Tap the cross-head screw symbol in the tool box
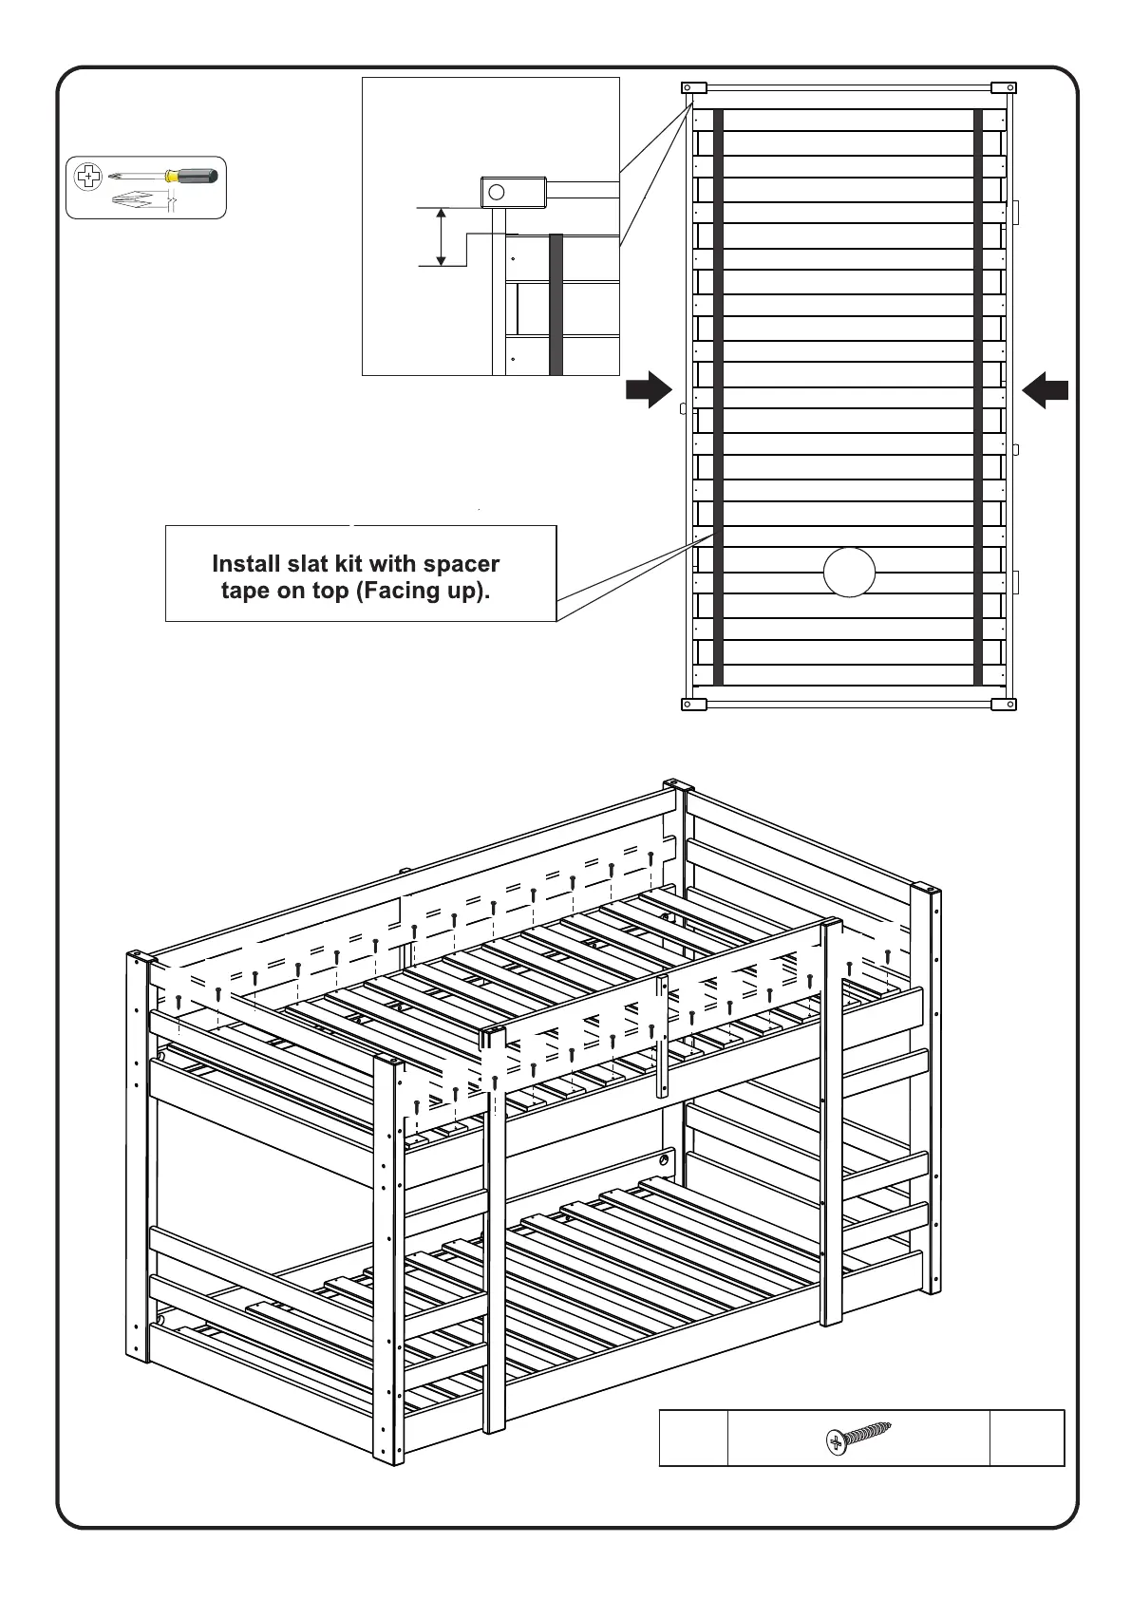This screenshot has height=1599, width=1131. point(87,176)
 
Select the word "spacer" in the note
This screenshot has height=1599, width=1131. point(462,564)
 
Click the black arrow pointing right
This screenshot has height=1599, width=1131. point(649,390)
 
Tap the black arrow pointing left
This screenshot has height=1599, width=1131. point(1046,390)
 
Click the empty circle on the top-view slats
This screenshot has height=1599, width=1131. point(849,573)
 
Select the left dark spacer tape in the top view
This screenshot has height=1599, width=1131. point(718,396)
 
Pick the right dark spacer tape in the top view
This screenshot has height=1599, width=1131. point(978,396)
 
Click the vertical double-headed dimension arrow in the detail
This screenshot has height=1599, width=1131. point(441,237)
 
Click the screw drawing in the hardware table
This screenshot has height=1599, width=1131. point(858,1438)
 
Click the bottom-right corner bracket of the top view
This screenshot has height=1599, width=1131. point(1004,705)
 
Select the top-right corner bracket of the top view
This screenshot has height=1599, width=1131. point(1004,88)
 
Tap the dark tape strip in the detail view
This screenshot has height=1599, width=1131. point(556,304)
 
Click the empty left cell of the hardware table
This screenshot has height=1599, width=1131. point(693,1438)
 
